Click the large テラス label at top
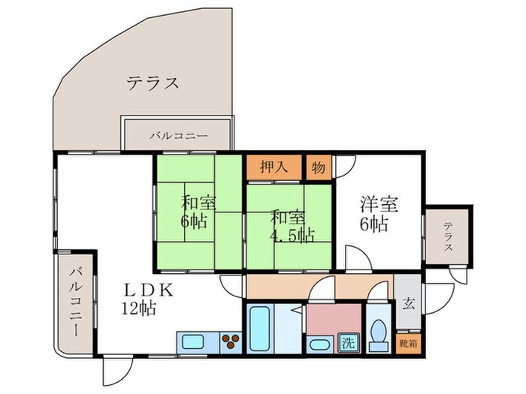[x=153, y=83]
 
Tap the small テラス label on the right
[x=449, y=236]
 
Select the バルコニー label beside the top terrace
[x=179, y=137]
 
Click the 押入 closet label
[x=274, y=167]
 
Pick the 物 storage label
[x=319, y=167]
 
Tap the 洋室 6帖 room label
[x=378, y=213]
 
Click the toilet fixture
[x=378, y=331]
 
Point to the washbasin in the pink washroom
[x=318, y=345]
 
